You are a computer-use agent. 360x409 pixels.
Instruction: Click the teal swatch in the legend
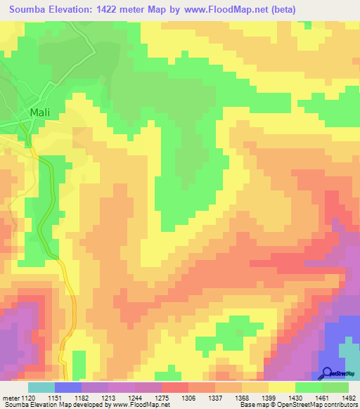pos(41,387)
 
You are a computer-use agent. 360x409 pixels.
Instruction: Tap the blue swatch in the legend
pos(68,387)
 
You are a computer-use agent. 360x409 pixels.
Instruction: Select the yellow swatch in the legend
pos(281,387)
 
